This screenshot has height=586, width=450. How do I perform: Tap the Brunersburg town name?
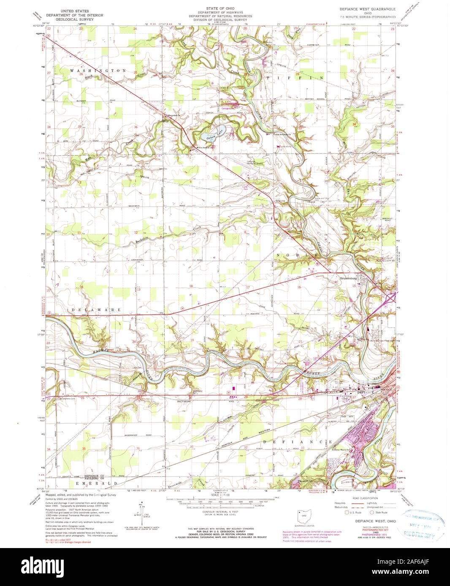pos(350,278)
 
